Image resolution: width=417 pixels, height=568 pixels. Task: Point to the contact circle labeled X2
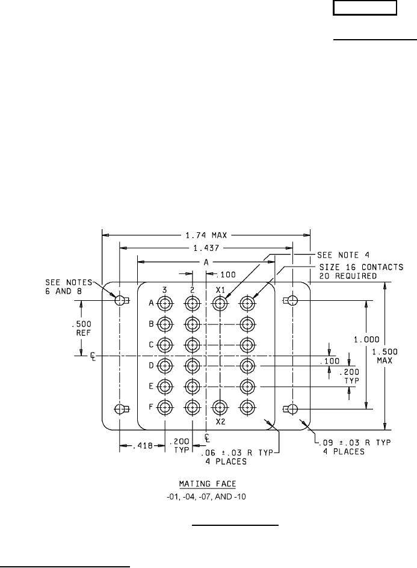click(x=221, y=408)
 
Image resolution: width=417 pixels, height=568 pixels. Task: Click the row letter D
click(x=152, y=365)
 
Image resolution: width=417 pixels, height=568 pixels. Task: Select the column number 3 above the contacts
click(x=165, y=290)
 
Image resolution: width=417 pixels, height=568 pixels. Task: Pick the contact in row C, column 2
click(x=192, y=345)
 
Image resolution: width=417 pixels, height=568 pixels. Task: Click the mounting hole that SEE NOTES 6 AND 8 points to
click(x=120, y=300)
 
